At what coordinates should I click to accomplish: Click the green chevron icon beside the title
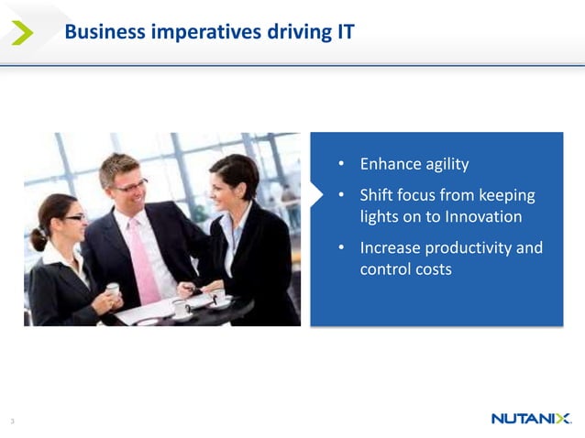(22, 33)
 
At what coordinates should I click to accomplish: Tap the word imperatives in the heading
(193, 33)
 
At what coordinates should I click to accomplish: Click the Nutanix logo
(532, 419)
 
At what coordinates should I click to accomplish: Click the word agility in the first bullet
(447, 165)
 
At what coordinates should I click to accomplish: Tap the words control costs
(405, 270)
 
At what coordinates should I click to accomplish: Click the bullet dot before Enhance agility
(341, 166)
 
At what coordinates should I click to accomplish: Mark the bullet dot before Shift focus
(341, 196)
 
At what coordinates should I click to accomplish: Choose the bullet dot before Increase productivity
(341, 248)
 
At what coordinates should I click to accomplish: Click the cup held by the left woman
(112, 290)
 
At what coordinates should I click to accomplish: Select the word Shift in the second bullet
(377, 195)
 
